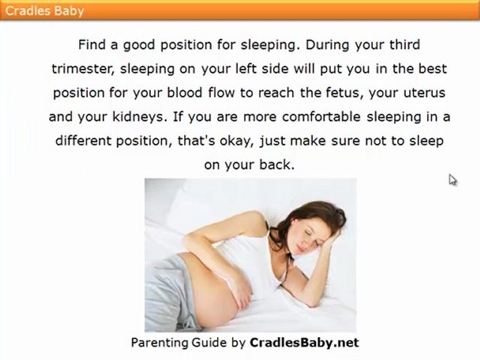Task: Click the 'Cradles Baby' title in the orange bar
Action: [x=44, y=10]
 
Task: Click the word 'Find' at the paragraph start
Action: [x=92, y=45]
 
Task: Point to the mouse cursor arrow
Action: [x=452, y=179]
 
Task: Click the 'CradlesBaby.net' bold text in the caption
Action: [x=303, y=342]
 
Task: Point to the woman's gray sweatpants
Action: [x=165, y=295]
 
